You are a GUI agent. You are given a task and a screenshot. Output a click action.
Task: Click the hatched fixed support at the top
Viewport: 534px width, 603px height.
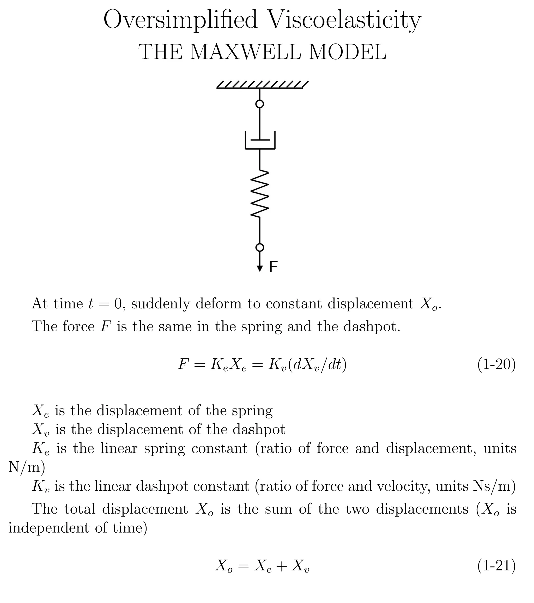coord(262,85)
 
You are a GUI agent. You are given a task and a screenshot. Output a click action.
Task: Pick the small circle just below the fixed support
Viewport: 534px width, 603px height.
coord(260,104)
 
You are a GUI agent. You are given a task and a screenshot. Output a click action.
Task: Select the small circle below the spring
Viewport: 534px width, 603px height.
coord(260,247)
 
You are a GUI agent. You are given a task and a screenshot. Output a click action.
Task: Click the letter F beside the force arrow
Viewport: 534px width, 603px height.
coord(274,267)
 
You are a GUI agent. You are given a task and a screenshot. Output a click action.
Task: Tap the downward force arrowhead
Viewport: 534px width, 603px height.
coord(260,268)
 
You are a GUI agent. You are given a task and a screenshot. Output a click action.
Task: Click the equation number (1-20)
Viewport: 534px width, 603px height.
coord(496,365)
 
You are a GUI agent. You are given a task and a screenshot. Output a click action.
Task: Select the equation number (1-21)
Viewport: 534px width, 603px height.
coord(496,566)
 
